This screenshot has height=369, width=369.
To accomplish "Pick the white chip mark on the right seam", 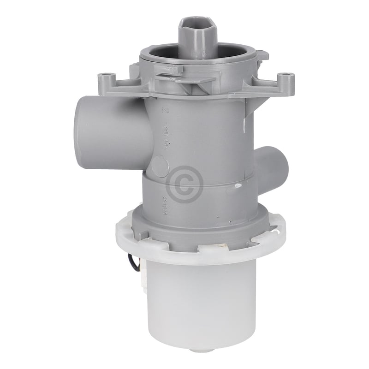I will (x=238, y=185).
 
